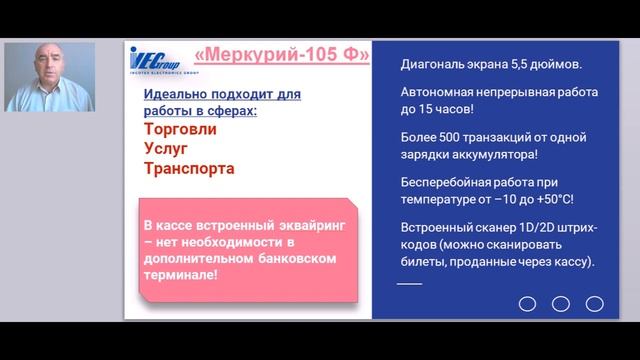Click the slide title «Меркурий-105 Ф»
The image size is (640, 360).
click(279, 54)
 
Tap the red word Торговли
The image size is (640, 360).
click(180, 130)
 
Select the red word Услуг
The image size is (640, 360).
click(167, 149)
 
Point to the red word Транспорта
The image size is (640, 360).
click(189, 169)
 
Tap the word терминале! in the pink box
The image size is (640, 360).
click(180, 274)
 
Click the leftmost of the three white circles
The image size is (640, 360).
click(528, 303)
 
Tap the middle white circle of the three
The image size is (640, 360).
click(561, 303)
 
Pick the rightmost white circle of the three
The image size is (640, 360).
click(594, 303)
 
